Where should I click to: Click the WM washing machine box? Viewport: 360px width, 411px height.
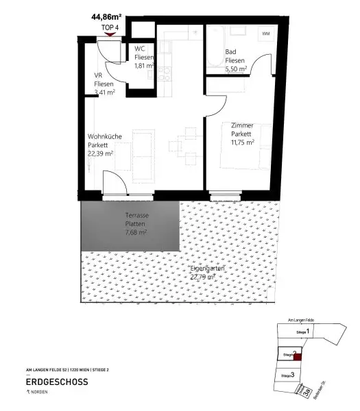coord(265,34)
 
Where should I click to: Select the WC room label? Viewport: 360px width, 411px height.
coord(139,48)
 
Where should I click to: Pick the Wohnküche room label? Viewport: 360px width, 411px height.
coord(104,136)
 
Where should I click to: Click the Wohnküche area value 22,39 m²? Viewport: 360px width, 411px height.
coord(101,154)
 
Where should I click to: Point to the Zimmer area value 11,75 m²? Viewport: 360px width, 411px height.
coord(242,142)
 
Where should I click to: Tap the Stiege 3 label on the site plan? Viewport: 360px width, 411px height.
coord(288,375)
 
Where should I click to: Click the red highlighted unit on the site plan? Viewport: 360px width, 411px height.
coord(296,354)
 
